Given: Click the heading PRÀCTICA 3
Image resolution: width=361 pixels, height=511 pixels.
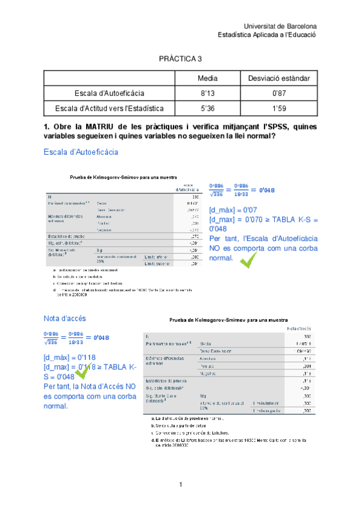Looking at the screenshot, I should (180, 59).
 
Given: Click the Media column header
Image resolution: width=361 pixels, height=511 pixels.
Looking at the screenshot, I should (208, 79).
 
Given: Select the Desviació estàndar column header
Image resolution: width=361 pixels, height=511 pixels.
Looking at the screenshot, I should (279, 79).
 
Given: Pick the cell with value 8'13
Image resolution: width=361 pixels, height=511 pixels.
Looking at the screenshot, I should (208, 93).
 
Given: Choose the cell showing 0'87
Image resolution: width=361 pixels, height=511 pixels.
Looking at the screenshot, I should (279, 93).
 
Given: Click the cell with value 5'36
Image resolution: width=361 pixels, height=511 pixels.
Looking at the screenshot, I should (208, 108).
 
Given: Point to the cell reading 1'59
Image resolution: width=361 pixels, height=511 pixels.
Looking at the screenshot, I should (279, 108).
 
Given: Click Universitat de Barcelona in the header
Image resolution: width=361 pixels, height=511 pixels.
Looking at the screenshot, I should (280, 27).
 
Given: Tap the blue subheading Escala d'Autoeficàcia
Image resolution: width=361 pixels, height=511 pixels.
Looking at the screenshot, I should (81, 152).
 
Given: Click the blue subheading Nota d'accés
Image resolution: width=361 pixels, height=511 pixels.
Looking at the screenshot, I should (64, 318).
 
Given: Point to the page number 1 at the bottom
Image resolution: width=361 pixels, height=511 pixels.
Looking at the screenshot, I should (180, 484).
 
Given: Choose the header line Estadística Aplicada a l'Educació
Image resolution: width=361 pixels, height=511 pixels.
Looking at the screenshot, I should (267, 35).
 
